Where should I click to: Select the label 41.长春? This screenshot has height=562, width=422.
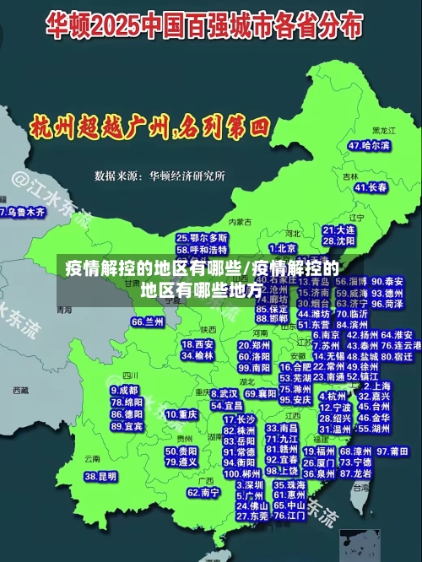371,187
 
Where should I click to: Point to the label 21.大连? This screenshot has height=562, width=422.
339,230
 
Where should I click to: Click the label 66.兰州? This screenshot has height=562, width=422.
148,322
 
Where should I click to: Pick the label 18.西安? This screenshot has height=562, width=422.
198,344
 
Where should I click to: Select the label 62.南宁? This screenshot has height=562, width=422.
203,492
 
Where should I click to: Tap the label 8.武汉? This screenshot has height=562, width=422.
222,393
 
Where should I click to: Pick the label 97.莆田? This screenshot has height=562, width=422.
392,452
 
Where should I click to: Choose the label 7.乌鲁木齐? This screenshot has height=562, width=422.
23,212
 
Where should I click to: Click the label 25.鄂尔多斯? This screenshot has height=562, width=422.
202,239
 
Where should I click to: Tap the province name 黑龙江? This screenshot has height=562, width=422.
384,131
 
